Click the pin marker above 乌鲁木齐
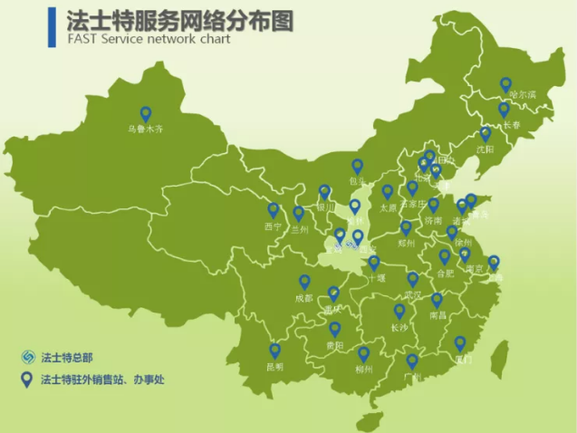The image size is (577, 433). (x=145, y=114)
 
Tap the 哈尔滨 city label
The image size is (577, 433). (x=522, y=93)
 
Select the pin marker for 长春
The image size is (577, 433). (x=504, y=110)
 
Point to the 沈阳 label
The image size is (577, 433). (x=486, y=149)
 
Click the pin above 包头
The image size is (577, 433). (x=358, y=166)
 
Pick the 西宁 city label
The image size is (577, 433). (x=274, y=226)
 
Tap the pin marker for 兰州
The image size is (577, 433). (x=299, y=214)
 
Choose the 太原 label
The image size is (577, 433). (x=387, y=207)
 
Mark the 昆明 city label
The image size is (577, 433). (x=274, y=367)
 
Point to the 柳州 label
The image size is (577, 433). (x=364, y=370)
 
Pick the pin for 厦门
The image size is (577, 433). (x=460, y=343)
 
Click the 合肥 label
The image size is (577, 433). (x=445, y=273)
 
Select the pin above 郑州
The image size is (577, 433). (x=406, y=227)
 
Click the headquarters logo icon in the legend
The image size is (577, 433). (x=27, y=356)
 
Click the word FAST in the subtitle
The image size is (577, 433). (x=82, y=40)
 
